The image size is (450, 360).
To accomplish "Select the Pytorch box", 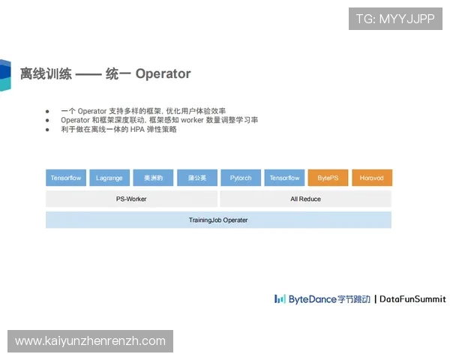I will tap(241, 178).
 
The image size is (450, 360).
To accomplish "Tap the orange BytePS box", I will tap(328, 178).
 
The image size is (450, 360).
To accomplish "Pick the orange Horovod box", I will tap(372, 178).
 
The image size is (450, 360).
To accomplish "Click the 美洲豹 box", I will tap(153, 178).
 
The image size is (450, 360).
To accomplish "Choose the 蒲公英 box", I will tap(197, 178).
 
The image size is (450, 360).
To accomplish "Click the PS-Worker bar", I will tap(131, 199).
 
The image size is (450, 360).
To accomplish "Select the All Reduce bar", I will tap(305, 199).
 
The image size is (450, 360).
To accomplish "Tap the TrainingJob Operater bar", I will tap(218, 220).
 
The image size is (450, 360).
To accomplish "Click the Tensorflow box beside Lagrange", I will tap(66, 178).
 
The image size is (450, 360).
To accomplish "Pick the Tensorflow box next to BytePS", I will tap(284, 178).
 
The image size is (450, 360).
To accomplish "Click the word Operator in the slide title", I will tap(163, 74).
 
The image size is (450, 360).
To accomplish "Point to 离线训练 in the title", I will tap(46, 74).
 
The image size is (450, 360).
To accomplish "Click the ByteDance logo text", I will tap(313, 298).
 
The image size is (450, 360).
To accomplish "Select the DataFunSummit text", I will tap(412, 298).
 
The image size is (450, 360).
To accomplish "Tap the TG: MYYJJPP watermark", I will tap(395, 19).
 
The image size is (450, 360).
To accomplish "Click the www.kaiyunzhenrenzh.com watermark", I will tap(90, 341).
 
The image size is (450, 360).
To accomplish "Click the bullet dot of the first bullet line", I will tap(48, 111).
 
